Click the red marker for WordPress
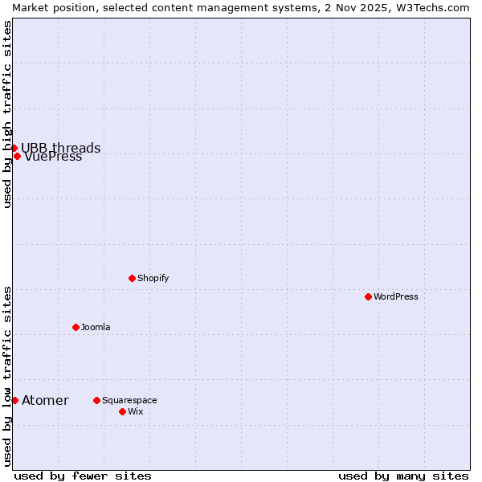(x=368, y=296)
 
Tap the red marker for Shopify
(x=132, y=278)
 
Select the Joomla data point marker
(x=76, y=327)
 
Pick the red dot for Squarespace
(x=96, y=400)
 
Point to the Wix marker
(x=122, y=411)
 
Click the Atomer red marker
(x=14, y=400)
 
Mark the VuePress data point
(x=17, y=156)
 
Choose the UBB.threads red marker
(x=14, y=148)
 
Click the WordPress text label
(x=396, y=296)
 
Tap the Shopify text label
(x=153, y=278)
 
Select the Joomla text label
(x=96, y=327)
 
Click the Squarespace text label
(x=129, y=400)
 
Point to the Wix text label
(x=135, y=411)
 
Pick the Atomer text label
(x=45, y=400)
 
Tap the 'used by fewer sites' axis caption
(x=83, y=476)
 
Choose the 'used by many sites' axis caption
(x=403, y=476)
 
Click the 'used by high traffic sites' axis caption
(x=7, y=114)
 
